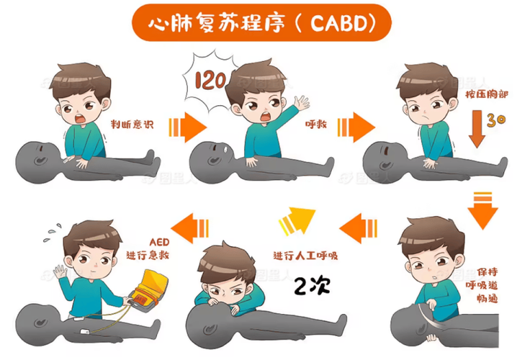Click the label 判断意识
[x=132, y=124]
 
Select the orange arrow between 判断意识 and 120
[x=186, y=128]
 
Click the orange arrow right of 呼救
[x=359, y=128]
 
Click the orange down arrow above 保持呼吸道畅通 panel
[x=482, y=209]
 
